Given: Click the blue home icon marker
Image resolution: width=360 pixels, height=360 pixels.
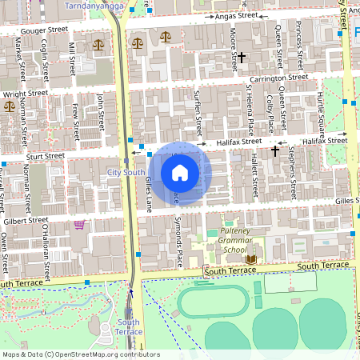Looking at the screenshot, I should click(180, 172).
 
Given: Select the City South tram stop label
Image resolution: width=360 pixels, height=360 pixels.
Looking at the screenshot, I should click(126, 172).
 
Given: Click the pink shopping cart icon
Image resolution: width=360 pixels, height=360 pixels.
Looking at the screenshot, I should click(79, 225).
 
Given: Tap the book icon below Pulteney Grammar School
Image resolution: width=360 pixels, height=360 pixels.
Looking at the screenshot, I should click(251, 259).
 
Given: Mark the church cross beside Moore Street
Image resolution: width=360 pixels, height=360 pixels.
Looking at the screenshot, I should click(242, 58).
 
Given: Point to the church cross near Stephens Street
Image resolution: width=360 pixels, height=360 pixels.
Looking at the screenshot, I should click(275, 150).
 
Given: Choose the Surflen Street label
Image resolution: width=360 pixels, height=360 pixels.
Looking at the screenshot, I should click(198, 114).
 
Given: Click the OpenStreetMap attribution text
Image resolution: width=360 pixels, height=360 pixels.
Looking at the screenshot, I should click(80, 354).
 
